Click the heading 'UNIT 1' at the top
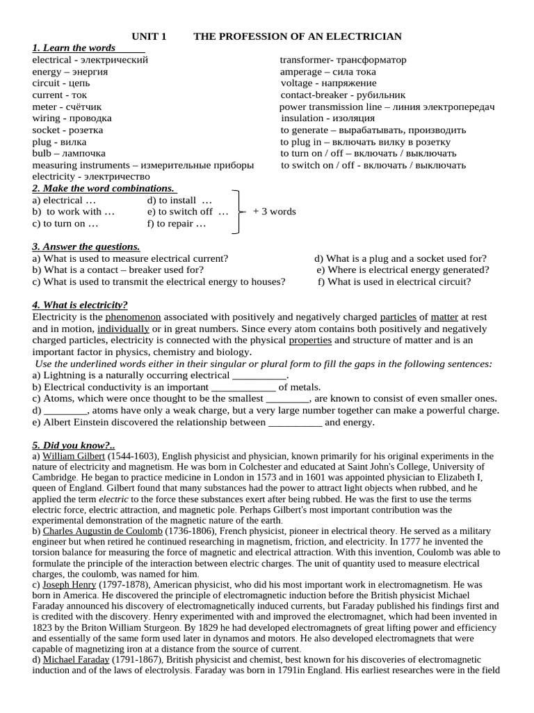[149, 36]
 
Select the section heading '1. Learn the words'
[74, 48]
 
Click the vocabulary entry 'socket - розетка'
[67, 130]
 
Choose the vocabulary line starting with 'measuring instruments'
[143, 165]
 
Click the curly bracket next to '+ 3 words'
[238, 212]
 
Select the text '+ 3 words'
[274, 212]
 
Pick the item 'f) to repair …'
[177, 224]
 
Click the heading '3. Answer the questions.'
[86, 246]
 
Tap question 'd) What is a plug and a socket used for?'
[400, 258]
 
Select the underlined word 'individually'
[123, 329]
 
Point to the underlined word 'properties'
[310, 340]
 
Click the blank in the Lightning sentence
[259, 375]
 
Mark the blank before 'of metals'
[243, 387]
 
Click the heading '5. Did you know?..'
[73, 445]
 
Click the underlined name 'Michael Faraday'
[76, 659]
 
